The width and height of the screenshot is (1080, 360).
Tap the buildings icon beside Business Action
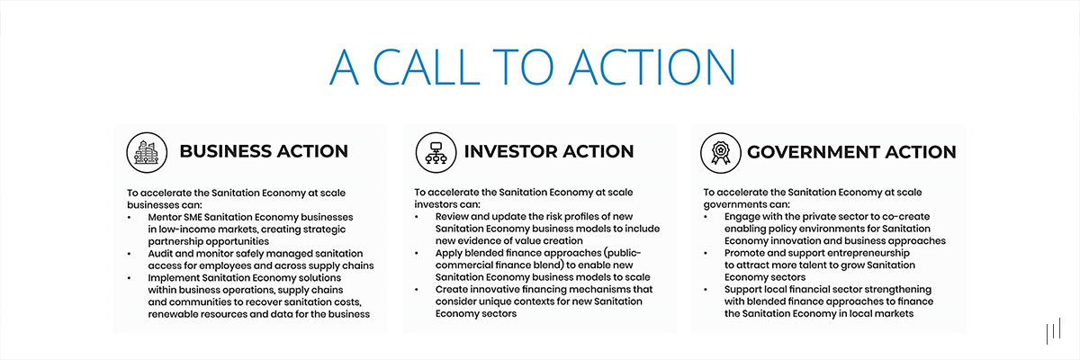145,151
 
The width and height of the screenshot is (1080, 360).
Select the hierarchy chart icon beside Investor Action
433,152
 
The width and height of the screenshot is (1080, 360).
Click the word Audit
163,254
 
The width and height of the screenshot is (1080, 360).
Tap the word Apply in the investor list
452,254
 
